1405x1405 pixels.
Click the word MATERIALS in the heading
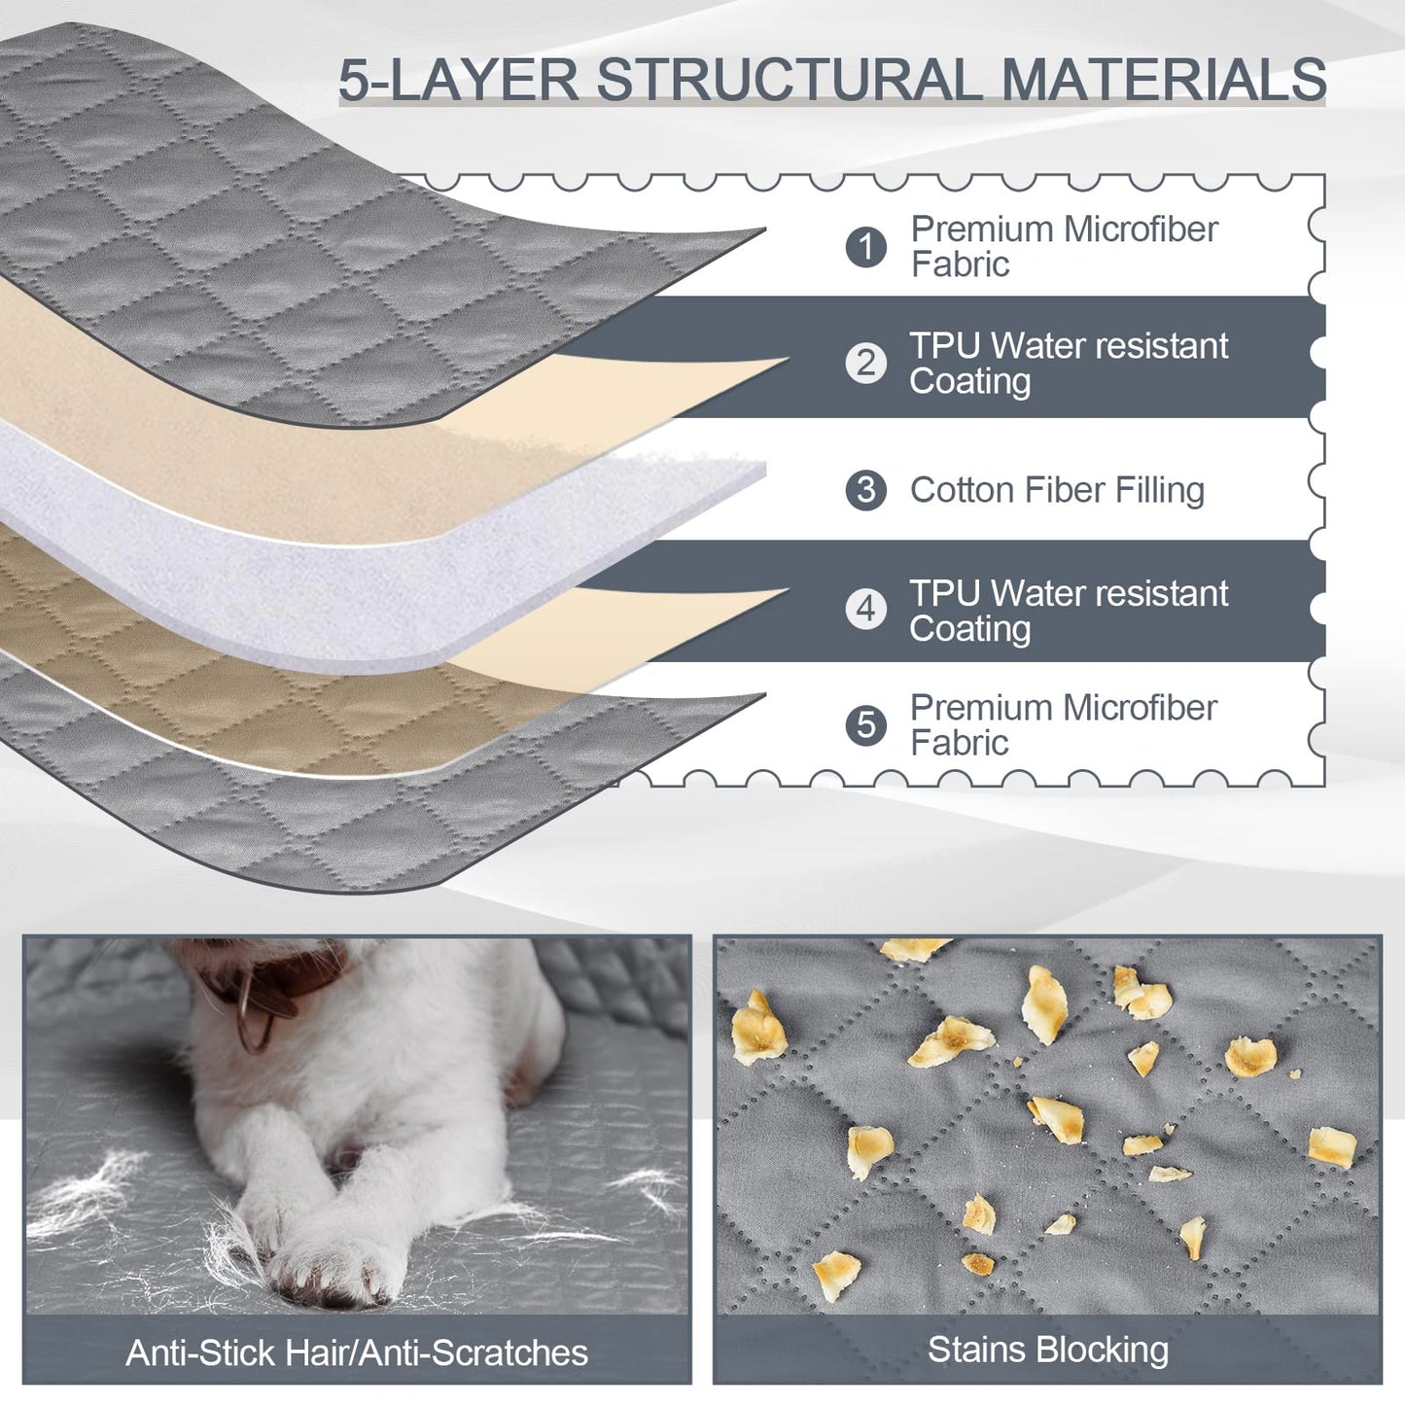1164,79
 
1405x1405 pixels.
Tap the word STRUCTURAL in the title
790,79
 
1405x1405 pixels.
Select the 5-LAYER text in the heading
459,79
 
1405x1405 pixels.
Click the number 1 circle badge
866,246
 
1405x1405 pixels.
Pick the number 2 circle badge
866,363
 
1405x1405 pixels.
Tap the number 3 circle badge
866,490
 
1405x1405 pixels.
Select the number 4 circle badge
866,608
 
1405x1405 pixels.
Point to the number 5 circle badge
866,724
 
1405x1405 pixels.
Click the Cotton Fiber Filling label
1057,491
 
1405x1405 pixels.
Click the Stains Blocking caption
1048,1350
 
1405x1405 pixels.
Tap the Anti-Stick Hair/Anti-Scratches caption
357,1352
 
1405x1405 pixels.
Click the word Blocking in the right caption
1103,1350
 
